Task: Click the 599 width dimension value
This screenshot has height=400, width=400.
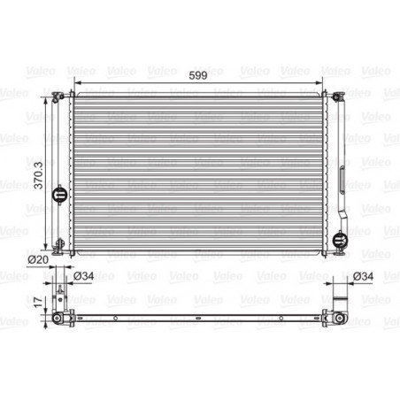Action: [x=199, y=75]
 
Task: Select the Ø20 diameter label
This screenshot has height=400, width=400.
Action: [x=36, y=259]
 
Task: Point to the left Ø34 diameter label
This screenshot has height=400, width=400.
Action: [x=83, y=275]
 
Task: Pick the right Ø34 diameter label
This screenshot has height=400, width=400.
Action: [x=363, y=275]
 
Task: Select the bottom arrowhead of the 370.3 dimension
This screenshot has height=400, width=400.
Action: [x=46, y=248]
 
